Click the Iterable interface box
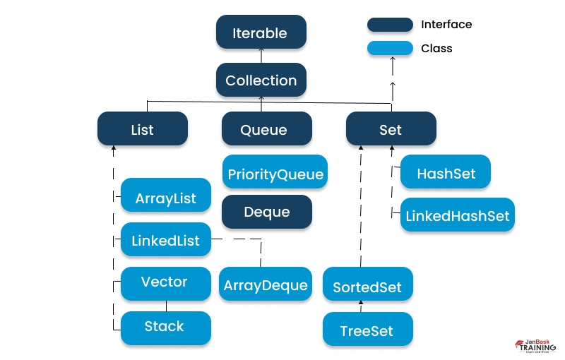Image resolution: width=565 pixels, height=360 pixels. coord(261,33)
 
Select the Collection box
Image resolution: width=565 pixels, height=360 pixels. coord(261,80)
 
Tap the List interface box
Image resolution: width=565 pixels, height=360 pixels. coord(143,129)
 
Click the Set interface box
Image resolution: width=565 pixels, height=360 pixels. coord(391,129)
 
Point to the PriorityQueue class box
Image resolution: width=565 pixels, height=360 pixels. coord(275,173)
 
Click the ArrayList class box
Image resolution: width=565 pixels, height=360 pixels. coord(165,198)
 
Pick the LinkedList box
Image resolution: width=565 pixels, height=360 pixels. coord(165,241)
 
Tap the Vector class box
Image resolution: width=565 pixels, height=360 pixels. coord(165,282)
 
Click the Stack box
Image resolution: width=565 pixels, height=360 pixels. coord(165,327)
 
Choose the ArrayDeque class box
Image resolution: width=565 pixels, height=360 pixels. coord(266,284)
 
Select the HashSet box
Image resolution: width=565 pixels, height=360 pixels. coord(446,173)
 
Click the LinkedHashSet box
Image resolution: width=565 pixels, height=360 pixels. coord(457,215)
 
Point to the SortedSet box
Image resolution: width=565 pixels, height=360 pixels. coord(368,287)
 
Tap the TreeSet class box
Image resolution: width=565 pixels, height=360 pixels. coord(368,330)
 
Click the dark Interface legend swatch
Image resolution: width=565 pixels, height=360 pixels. coord(390,25)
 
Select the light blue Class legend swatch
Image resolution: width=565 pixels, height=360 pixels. coord(390,49)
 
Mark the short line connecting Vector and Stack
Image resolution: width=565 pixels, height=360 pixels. coord(166,306)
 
